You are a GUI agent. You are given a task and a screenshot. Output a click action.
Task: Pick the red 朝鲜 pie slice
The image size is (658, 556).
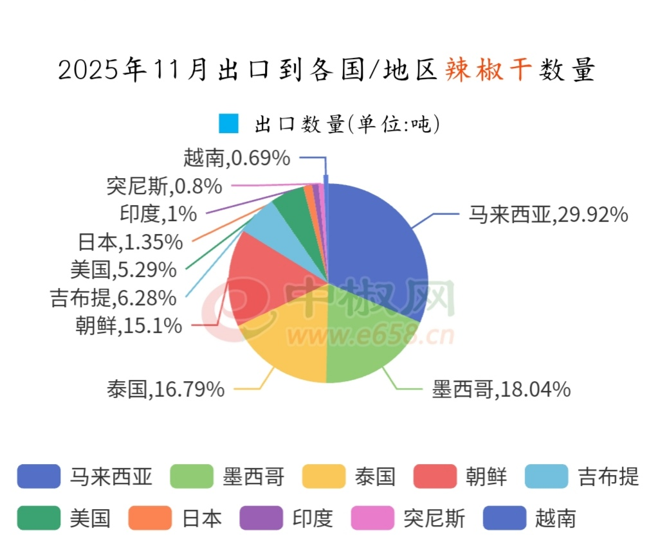click(x=257, y=276)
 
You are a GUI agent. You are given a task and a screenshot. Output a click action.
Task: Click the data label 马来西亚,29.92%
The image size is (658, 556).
click(x=547, y=215)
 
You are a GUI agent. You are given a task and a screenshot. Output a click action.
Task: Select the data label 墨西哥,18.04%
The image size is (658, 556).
click(x=501, y=389)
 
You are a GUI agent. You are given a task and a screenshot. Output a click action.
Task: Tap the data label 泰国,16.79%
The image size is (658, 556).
click(x=166, y=389)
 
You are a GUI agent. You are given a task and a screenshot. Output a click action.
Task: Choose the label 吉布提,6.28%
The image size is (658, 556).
click(x=113, y=298)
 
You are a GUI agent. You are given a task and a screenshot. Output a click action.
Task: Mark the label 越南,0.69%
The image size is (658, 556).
click(x=236, y=157)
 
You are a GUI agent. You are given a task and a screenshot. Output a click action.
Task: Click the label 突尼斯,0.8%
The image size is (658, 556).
click(x=164, y=186)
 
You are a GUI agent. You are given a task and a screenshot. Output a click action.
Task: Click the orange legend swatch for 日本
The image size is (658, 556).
click(x=150, y=518)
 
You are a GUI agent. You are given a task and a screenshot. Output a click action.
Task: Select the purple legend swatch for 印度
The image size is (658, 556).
click(x=260, y=518)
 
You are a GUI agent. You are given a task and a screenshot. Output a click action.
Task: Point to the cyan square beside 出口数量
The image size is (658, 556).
click(x=228, y=123)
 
